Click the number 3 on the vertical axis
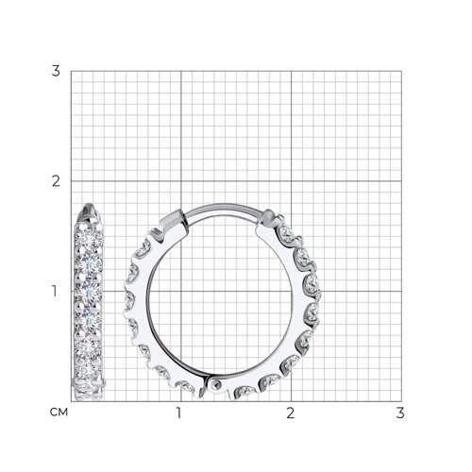click(x=56, y=71)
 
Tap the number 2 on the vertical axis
click(x=56, y=181)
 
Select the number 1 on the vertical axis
click(x=55, y=291)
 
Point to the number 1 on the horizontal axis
click(x=179, y=413)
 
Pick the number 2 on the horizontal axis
click(x=291, y=413)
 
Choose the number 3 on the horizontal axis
click(x=400, y=413)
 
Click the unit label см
click(x=59, y=413)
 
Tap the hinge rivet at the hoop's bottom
click(x=216, y=384)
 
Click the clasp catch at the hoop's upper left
click(x=172, y=220)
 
